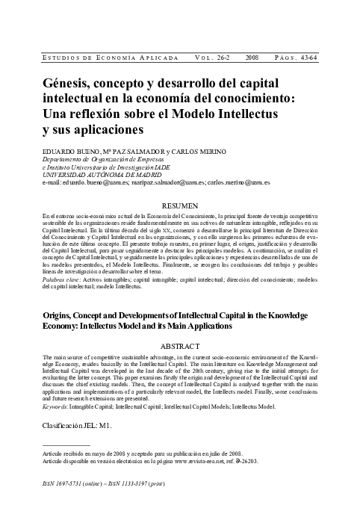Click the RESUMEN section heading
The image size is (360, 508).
[x=179, y=205]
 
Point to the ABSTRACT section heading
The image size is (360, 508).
[x=179, y=347]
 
